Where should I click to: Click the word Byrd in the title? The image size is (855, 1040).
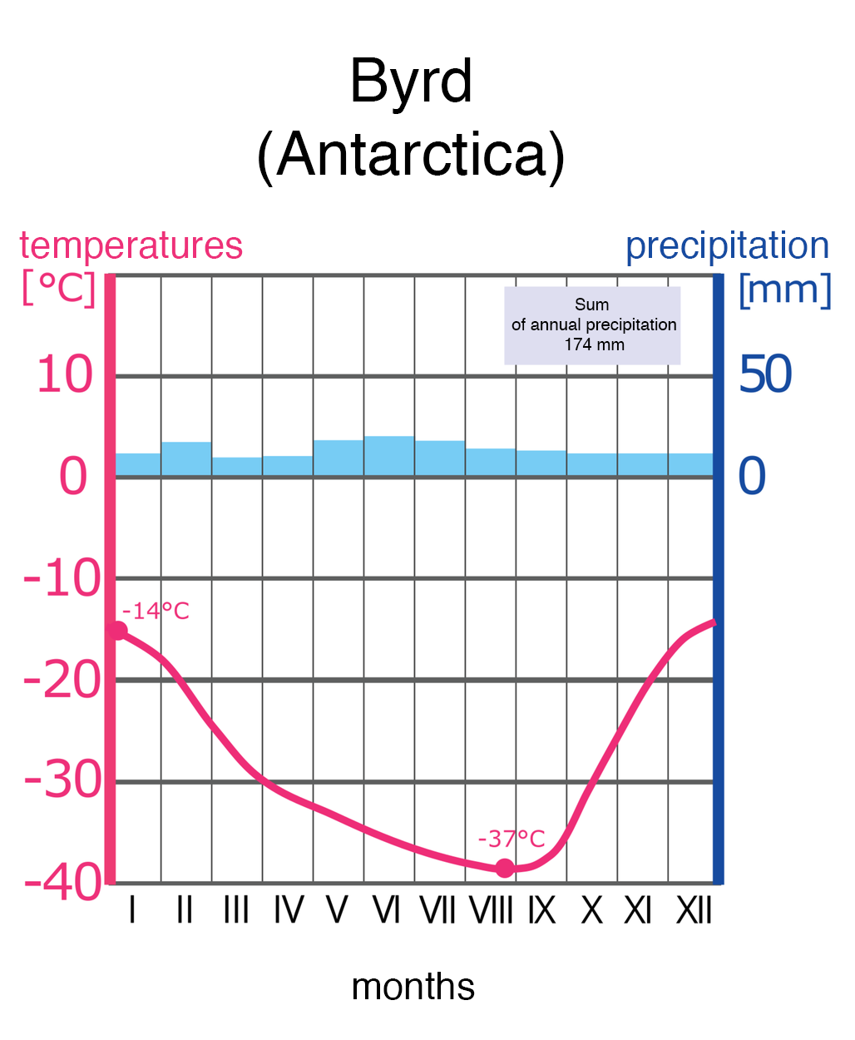tap(411, 82)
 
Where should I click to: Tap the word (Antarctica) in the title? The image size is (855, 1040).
tap(411, 155)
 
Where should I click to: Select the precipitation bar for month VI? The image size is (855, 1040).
tap(389, 456)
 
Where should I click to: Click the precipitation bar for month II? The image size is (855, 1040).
tap(186, 459)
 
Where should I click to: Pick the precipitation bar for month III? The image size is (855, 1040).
tap(237, 467)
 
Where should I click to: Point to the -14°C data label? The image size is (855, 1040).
tap(156, 612)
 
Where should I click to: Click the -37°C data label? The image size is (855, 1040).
tap(511, 839)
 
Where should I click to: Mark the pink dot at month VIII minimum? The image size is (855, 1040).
tap(505, 868)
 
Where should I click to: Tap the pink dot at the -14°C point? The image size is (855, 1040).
tap(119, 631)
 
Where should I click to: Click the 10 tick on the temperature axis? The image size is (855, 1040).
tap(65, 375)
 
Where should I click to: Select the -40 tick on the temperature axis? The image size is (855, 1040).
tap(63, 883)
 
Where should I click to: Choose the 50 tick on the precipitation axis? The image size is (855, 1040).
tap(765, 375)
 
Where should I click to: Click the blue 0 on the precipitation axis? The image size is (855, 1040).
tap(752, 477)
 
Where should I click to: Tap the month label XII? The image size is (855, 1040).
tap(694, 912)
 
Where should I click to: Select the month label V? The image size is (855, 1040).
tap(337, 912)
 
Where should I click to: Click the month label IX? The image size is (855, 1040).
tap(541, 912)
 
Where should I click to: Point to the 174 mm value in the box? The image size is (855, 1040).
tap(594, 344)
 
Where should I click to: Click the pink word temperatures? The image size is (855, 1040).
tap(131, 246)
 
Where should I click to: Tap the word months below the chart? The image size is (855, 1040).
tap(413, 988)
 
